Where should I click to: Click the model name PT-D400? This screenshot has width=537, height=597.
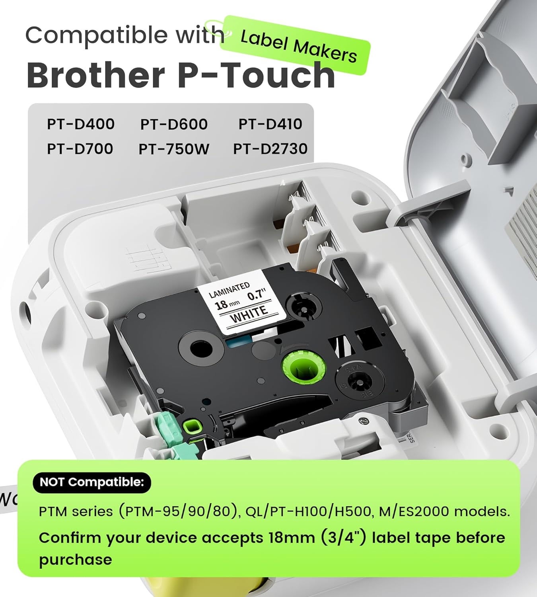(81, 124)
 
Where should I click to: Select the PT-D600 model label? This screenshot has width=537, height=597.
(174, 125)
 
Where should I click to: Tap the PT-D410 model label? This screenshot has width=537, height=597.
(270, 124)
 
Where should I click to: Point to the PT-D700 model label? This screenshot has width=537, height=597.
(80, 149)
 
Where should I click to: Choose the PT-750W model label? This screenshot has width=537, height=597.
(174, 149)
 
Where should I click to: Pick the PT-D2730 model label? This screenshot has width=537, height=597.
(270, 149)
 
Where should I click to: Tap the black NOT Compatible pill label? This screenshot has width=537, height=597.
(91, 482)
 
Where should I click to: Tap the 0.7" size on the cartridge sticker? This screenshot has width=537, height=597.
(257, 295)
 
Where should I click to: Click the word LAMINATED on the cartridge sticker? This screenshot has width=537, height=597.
(229, 290)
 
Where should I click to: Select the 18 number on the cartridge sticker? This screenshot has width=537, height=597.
(221, 305)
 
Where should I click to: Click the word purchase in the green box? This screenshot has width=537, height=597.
(76, 560)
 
